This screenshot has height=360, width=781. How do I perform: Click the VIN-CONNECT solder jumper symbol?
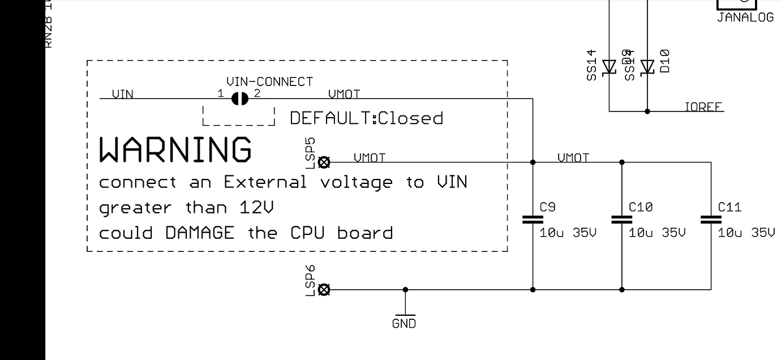tap(240, 99)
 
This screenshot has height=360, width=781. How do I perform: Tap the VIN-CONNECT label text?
tap(269, 82)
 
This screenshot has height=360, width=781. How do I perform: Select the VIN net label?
tap(123, 94)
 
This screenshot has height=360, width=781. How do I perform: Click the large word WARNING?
tap(175, 149)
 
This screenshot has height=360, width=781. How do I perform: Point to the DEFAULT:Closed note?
tap(366, 118)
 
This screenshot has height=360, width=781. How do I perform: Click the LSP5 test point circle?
tap(324, 163)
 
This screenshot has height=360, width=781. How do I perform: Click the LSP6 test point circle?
tap(324, 290)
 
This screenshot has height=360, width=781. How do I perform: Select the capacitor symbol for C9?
tap(533, 220)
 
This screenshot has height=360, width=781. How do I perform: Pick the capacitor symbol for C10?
tap(622, 220)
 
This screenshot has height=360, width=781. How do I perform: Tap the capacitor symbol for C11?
tap(711, 220)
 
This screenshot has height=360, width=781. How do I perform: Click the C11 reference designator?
tap(729, 207)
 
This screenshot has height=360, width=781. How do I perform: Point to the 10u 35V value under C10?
tap(657, 233)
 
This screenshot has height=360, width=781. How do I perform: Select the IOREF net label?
tap(703, 106)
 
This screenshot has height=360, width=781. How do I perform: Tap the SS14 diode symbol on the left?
tap(609, 67)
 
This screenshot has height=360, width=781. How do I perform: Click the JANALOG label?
tap(745, 18)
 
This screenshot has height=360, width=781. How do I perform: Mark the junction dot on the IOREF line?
tap(647, 112)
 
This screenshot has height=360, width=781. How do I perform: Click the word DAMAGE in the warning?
tap(200, 233)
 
